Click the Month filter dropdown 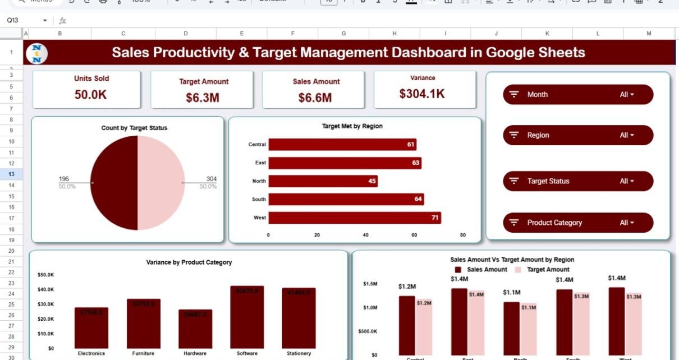pyautogui.click(x=578, y=95)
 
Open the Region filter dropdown pyautogui.click(x=578, y=135)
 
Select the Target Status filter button pyautogui.click(x=578, y=181)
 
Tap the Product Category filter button pyautogui.click(x=578, y=223)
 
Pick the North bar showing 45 pyautogui.click(x=323, y=181)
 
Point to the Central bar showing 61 pyautogui.click(x=342, y=145)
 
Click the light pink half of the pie pyautogui.click(x=161, y=183)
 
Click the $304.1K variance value pyautogui.click(x=422, y=94)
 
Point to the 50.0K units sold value pyautogui.click(x=90, y=95)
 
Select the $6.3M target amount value pyautogui.click(x=202, y=98)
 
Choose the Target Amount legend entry pyautogui.click(x=544, y=270)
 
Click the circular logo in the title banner pyautogui.click(x=37, y=53)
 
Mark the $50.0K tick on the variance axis pyautogui.click(x=46, y=275)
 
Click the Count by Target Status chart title pyautogui.click(x=134, y=128)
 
